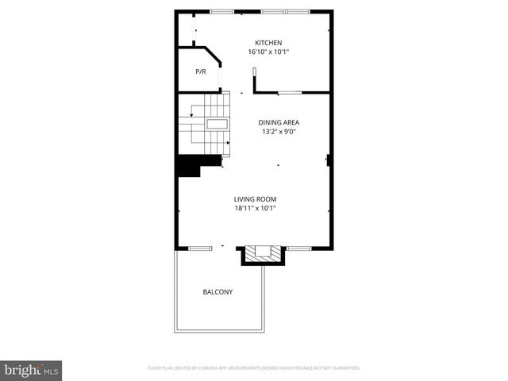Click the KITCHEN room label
(268, 43)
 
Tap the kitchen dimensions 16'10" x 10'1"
(268, 52)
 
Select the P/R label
(201, 72)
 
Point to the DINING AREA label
(279, 122)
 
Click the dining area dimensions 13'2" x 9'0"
(279, 132)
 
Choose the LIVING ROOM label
(255, 199)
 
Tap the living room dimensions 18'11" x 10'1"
(255, 209)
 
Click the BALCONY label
(217, 292)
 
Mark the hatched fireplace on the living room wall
(263, 254)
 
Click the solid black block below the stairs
(189, 166)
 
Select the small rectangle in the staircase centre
(217, 124)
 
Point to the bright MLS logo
(31, 370)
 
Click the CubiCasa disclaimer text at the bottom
(254, 368)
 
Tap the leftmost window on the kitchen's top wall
(221, 11)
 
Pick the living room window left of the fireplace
(199, 248)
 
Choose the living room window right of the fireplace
(298, 248)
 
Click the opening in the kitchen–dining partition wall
(289, 93)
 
